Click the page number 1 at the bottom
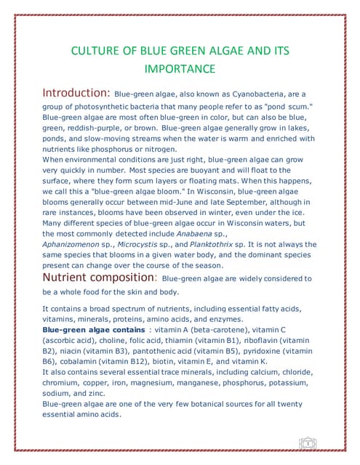(308, 442)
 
